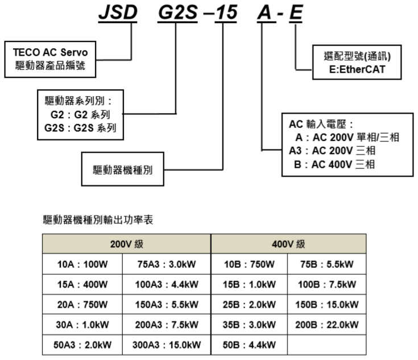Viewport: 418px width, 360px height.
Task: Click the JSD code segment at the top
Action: (118, 13)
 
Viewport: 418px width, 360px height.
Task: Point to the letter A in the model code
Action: (263, 13)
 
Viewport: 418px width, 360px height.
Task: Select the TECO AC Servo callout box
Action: (51, 58)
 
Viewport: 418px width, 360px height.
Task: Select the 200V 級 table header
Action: (126, 245)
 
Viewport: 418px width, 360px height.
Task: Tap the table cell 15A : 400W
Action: (84, 284)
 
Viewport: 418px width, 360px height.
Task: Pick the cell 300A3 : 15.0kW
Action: (168, 345)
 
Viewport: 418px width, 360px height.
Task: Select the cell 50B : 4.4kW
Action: (250, 345)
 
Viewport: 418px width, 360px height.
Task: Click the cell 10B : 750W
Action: (250, 264)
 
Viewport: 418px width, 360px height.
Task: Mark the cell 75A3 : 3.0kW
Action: (168, 264)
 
